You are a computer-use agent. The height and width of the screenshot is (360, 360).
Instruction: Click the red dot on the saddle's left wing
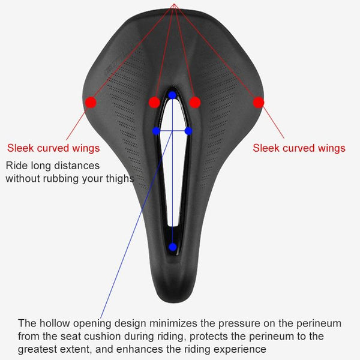[91, 102]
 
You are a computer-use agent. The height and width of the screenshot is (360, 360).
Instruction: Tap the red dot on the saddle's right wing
[259, 102]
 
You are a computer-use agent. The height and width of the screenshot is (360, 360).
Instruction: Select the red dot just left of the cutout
[154, 102]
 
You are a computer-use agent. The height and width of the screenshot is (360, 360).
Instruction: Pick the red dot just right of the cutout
[195, 102]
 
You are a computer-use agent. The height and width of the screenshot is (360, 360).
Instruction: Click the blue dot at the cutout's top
[172, 95]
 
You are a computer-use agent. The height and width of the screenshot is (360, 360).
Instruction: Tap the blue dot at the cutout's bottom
[173, 247]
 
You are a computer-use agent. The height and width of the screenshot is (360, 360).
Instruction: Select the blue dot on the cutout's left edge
[156, 131]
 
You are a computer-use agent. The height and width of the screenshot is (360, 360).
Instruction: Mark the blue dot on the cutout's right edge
[188, 131]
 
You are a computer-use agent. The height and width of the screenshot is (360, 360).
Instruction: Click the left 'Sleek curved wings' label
[53, 148]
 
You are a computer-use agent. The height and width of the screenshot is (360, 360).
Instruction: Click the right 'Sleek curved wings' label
[299, 148]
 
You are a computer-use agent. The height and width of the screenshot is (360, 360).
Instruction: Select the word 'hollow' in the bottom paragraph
[55, 323]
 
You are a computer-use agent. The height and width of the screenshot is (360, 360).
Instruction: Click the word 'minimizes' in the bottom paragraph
[173, 323]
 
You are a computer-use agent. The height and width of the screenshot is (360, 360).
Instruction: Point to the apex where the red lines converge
[174, 4]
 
